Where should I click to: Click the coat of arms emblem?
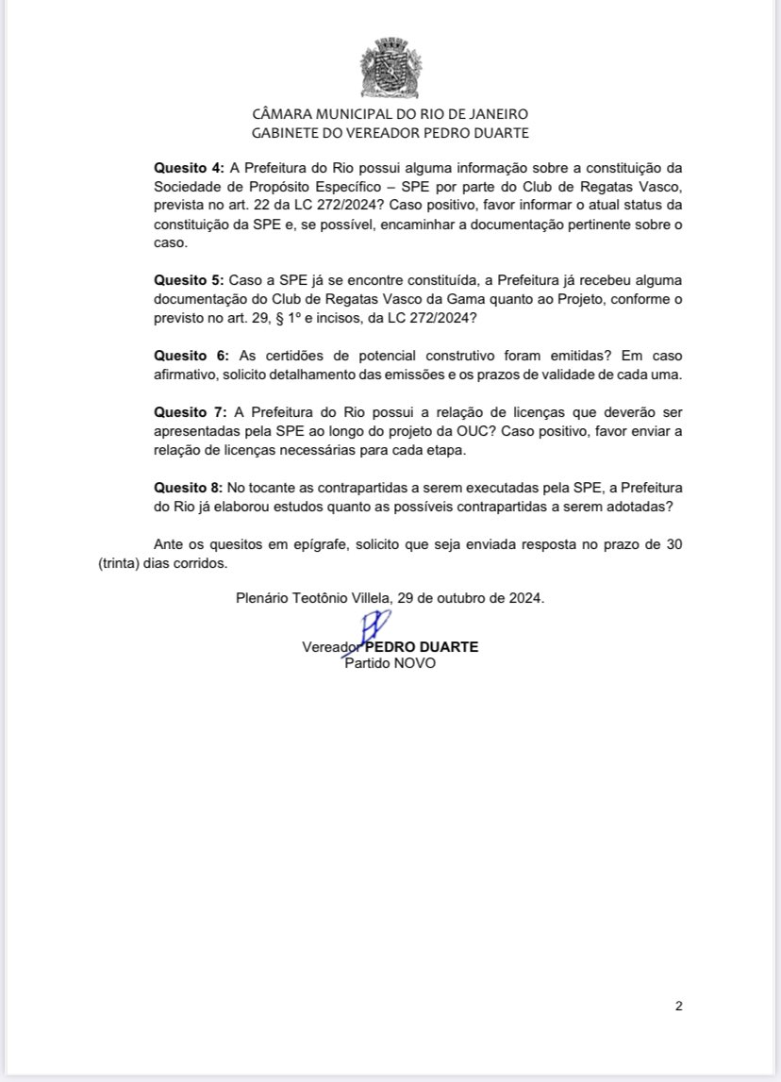[390, 68]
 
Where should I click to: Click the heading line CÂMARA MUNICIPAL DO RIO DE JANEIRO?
[390, 114]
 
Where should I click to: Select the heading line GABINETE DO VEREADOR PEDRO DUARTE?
[390, 133]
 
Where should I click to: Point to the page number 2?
[678, 1006]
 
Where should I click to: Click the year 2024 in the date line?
[525, 598]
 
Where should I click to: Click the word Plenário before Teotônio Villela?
[263, 598]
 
